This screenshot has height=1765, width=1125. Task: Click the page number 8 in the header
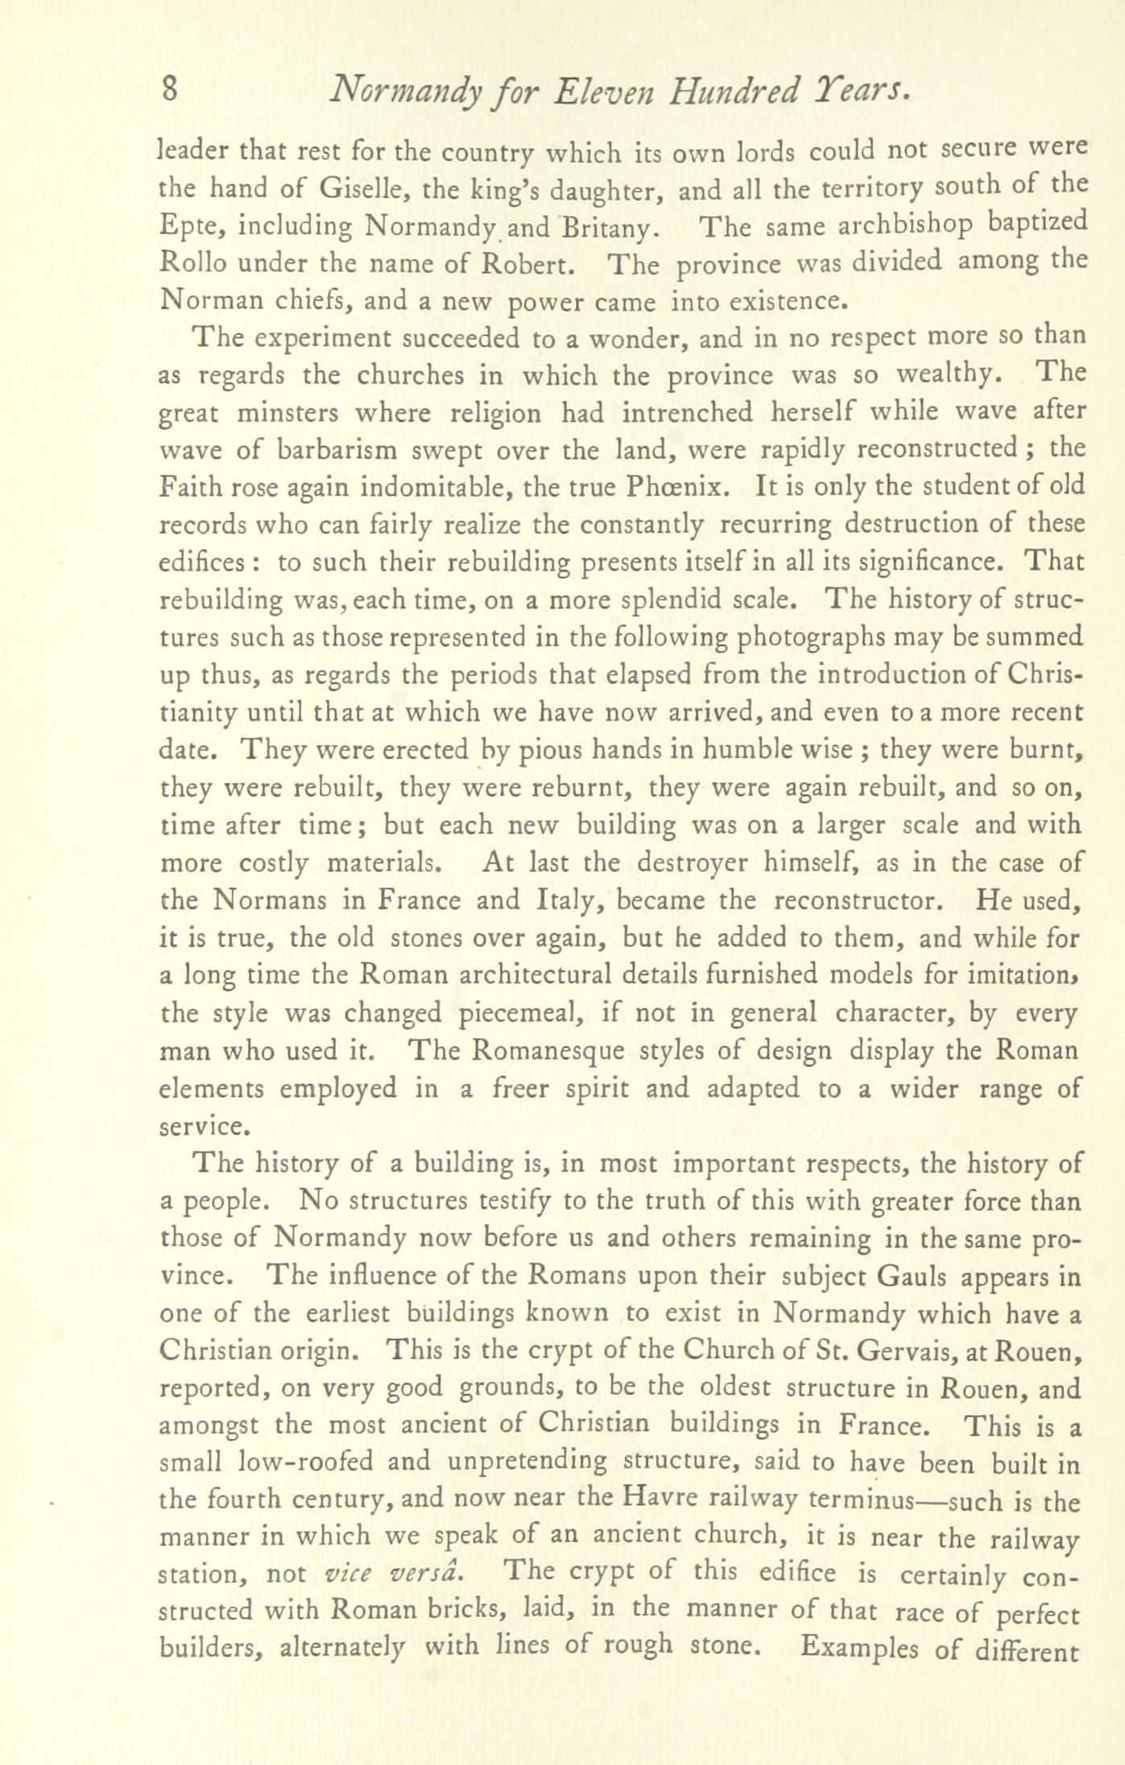[169, 89]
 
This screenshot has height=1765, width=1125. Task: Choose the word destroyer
[694, 863]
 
